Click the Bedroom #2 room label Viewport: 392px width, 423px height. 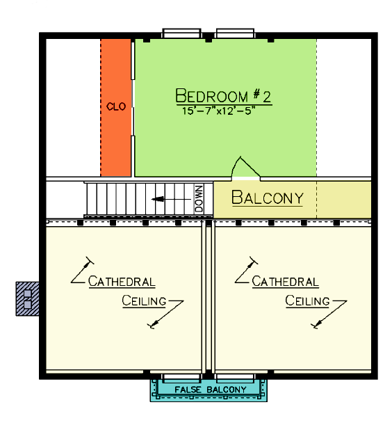(223, 96)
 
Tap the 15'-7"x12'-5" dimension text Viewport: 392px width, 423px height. (218, 111)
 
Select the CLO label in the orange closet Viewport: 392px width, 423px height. (116, 106)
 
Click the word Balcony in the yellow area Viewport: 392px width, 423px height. (268, 198)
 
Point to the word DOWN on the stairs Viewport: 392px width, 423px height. (199, 199)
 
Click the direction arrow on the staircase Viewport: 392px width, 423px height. (171, 200)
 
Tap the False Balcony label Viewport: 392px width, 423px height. (211, 390)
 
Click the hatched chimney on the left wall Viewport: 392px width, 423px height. (27, 298)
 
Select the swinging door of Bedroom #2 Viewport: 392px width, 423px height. (246, 167)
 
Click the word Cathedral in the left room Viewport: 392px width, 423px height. (122, 282)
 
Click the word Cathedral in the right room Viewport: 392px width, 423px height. (285, 282)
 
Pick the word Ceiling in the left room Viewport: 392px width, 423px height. (144, 301)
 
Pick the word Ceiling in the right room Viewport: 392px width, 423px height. (307, 301)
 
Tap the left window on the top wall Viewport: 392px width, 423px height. (181, 33)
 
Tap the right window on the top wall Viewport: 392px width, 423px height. (235, 33)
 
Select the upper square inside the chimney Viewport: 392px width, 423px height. (28, 294)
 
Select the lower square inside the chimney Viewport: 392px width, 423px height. (28, 305)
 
